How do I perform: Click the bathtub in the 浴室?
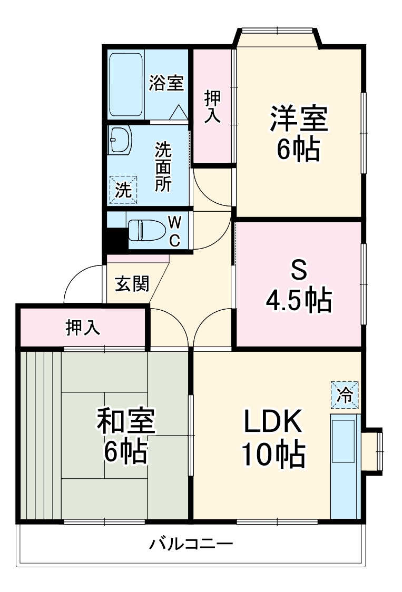click(x=126, y=85)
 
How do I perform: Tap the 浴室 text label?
click(x=165, y=83)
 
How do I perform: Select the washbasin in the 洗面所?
click(x=120, y=140)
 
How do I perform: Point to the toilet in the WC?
click(x=145, y=230)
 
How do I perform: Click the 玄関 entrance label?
click(x=132, y=284)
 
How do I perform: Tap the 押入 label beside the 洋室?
click(x=212, y=107)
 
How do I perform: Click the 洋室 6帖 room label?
click(x=299, y=133)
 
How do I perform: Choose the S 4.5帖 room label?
click(x=298, y=287)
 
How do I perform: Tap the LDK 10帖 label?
click(x=273, y=437)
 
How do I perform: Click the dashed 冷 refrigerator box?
click(x=344, y=394)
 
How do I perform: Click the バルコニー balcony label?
click(x=190, y=544)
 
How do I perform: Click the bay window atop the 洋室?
click(x=278, y=37)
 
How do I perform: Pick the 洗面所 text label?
click(x=163, y=167)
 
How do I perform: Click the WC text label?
click(x=174, y=230)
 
